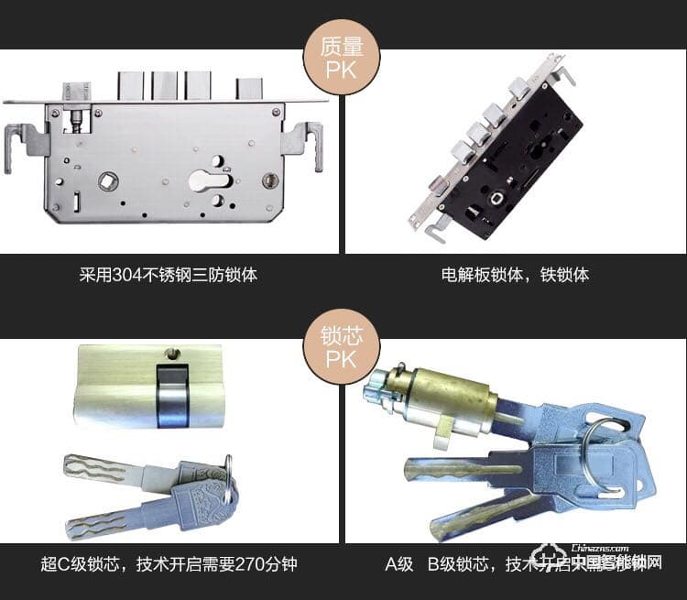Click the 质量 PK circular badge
pyautogui.click(x=341, y=57)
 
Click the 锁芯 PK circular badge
pyautogui.click(x=341, y=344)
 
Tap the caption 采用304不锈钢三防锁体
pyautogui.click(x=169, y=274)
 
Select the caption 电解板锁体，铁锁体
pyautogui.click(x=515, y=274)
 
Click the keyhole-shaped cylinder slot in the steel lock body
pyautogui.click(x=210, y=177)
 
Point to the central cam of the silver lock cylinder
pyautogui.click(x=171, y=396)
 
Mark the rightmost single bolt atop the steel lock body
pyautogui.click(x=248, y=88)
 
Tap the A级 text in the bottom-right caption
pyautogui.click(x=399, y=563)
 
